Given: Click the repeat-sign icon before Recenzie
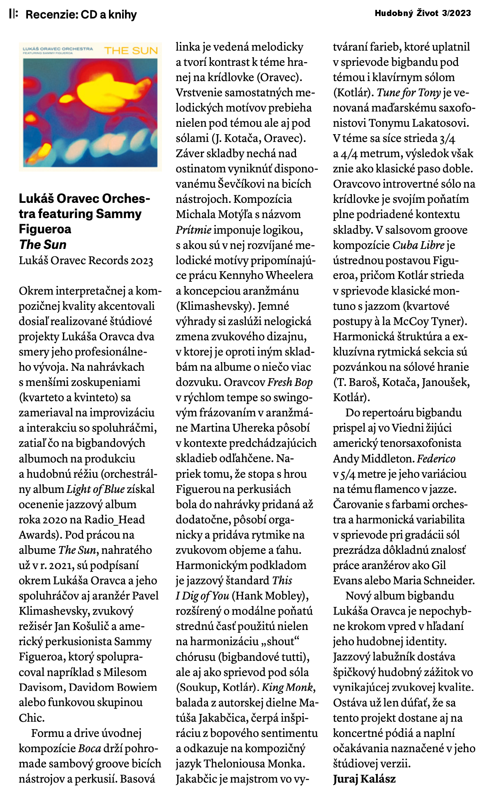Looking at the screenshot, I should point(13,14).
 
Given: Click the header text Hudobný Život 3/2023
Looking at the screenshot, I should point(423,13).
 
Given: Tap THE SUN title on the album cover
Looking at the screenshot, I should point(131,51).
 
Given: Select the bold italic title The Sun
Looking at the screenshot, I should point(43,244).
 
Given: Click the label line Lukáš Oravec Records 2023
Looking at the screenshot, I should point(86,260).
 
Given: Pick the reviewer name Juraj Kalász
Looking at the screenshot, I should point(364,778).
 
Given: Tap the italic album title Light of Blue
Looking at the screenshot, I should point(95,489).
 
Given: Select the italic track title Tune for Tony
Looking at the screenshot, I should point(409,93).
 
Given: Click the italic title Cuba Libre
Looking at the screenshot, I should point(418,245).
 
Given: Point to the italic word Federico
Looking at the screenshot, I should point(436,458).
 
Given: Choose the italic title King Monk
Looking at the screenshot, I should point(289,687).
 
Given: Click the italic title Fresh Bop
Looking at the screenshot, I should point(290,382).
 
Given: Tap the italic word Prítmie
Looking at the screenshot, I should point(194,230).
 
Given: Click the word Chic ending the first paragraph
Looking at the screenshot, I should point(31,718).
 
